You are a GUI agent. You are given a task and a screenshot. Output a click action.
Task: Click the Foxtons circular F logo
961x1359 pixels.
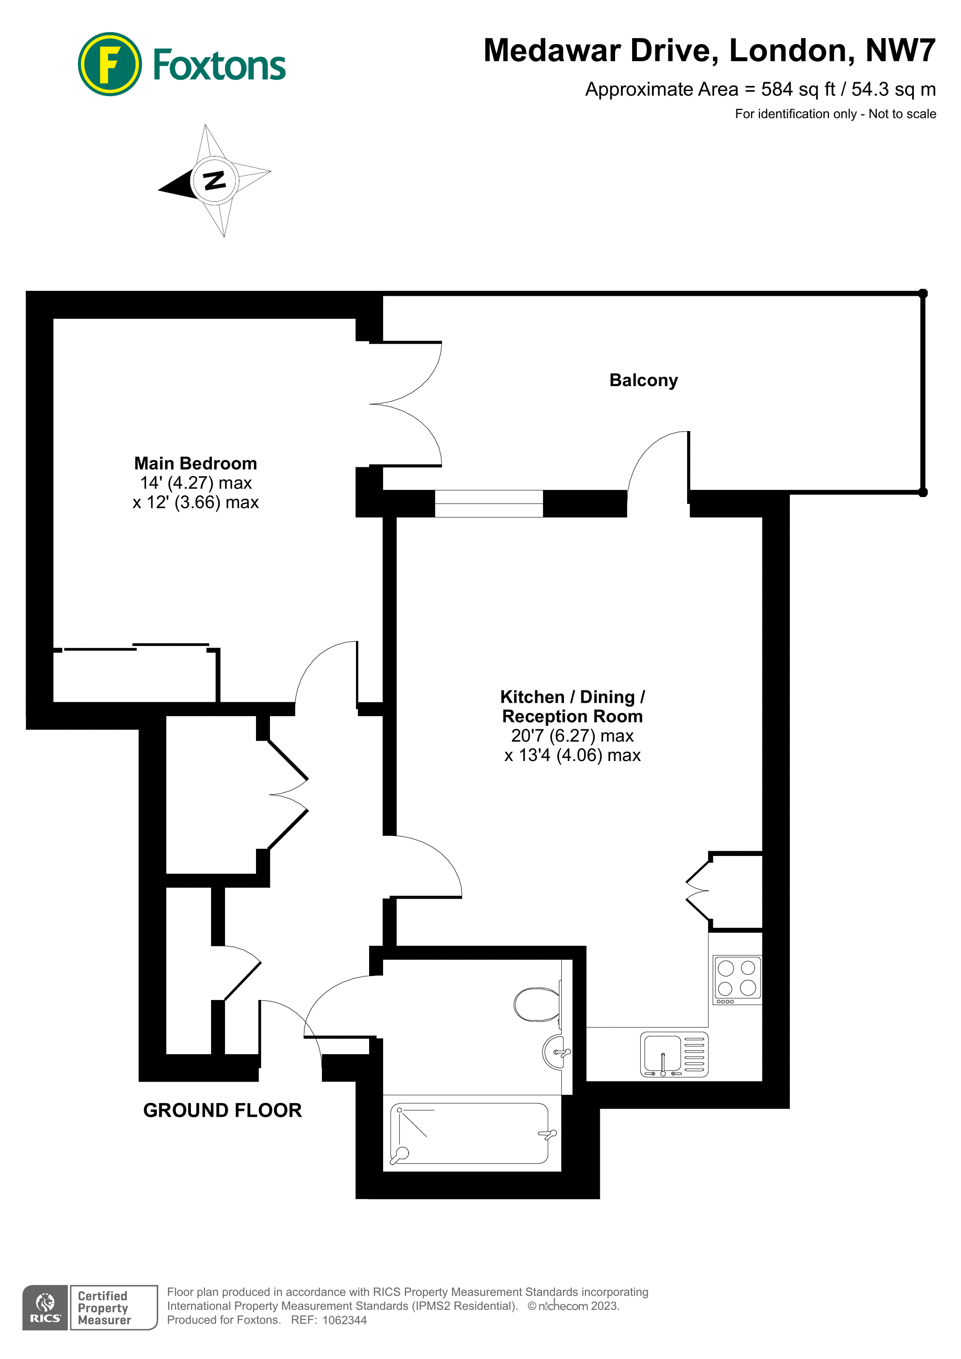tap(110, 64)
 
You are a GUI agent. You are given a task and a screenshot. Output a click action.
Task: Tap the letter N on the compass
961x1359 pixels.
tap(214, 179)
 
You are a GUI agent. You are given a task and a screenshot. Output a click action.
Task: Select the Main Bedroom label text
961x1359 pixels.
tap(195, 463)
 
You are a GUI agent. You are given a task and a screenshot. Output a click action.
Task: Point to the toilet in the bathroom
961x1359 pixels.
tap(536, 1004)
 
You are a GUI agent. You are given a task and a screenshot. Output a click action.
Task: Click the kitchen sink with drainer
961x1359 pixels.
tap(674, 1054)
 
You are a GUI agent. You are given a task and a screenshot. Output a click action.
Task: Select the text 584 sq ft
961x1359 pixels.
tap(798, 90)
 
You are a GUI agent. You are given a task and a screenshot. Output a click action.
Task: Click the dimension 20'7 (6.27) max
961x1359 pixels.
tap(572, 736)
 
